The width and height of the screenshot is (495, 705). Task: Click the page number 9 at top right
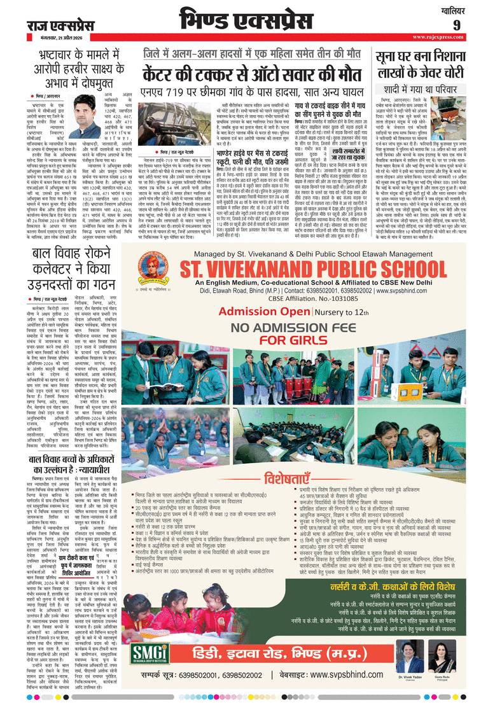[474, 25]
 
